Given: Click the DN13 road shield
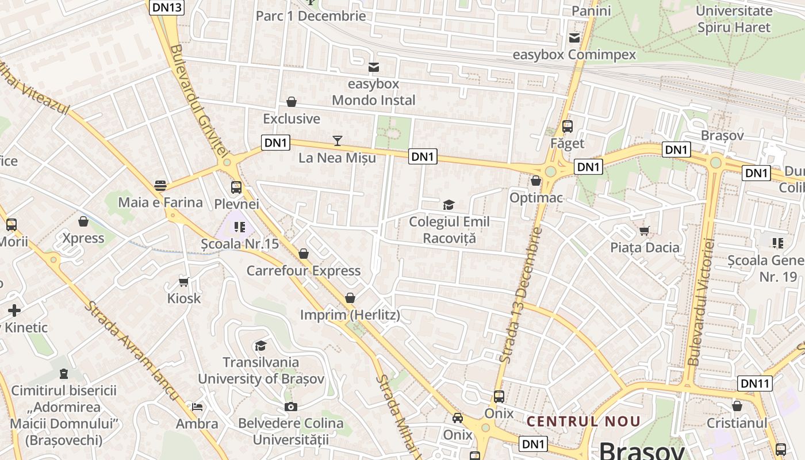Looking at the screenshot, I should click(x=167, y=7).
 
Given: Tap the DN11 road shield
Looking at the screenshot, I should click(x=754, y=384).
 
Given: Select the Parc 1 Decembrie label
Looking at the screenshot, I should click(x=310, y=16).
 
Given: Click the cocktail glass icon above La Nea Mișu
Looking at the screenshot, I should click(x=338, y=140).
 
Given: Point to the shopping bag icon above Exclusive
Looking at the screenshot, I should click(x=292, y=102).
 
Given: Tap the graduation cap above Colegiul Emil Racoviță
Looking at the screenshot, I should click(x=448, y=205).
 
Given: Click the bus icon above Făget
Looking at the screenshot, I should click(x=568, y=126).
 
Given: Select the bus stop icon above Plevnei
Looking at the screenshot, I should click(x=236, y=187).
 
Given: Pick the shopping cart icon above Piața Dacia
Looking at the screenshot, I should click(x=645, y=231).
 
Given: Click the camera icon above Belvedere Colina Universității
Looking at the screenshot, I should click(x=291, y=407).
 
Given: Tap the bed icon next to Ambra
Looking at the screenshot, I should click(x=197, y=407).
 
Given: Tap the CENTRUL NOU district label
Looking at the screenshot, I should click(x=583, y=421).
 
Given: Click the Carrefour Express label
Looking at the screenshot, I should click(x=304, y=271).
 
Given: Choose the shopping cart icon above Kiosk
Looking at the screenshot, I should click(x=184, y=281).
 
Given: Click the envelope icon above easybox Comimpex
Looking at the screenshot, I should click(x=574, y=38).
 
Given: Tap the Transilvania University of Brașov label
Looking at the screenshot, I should click(x=261, y=370).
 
